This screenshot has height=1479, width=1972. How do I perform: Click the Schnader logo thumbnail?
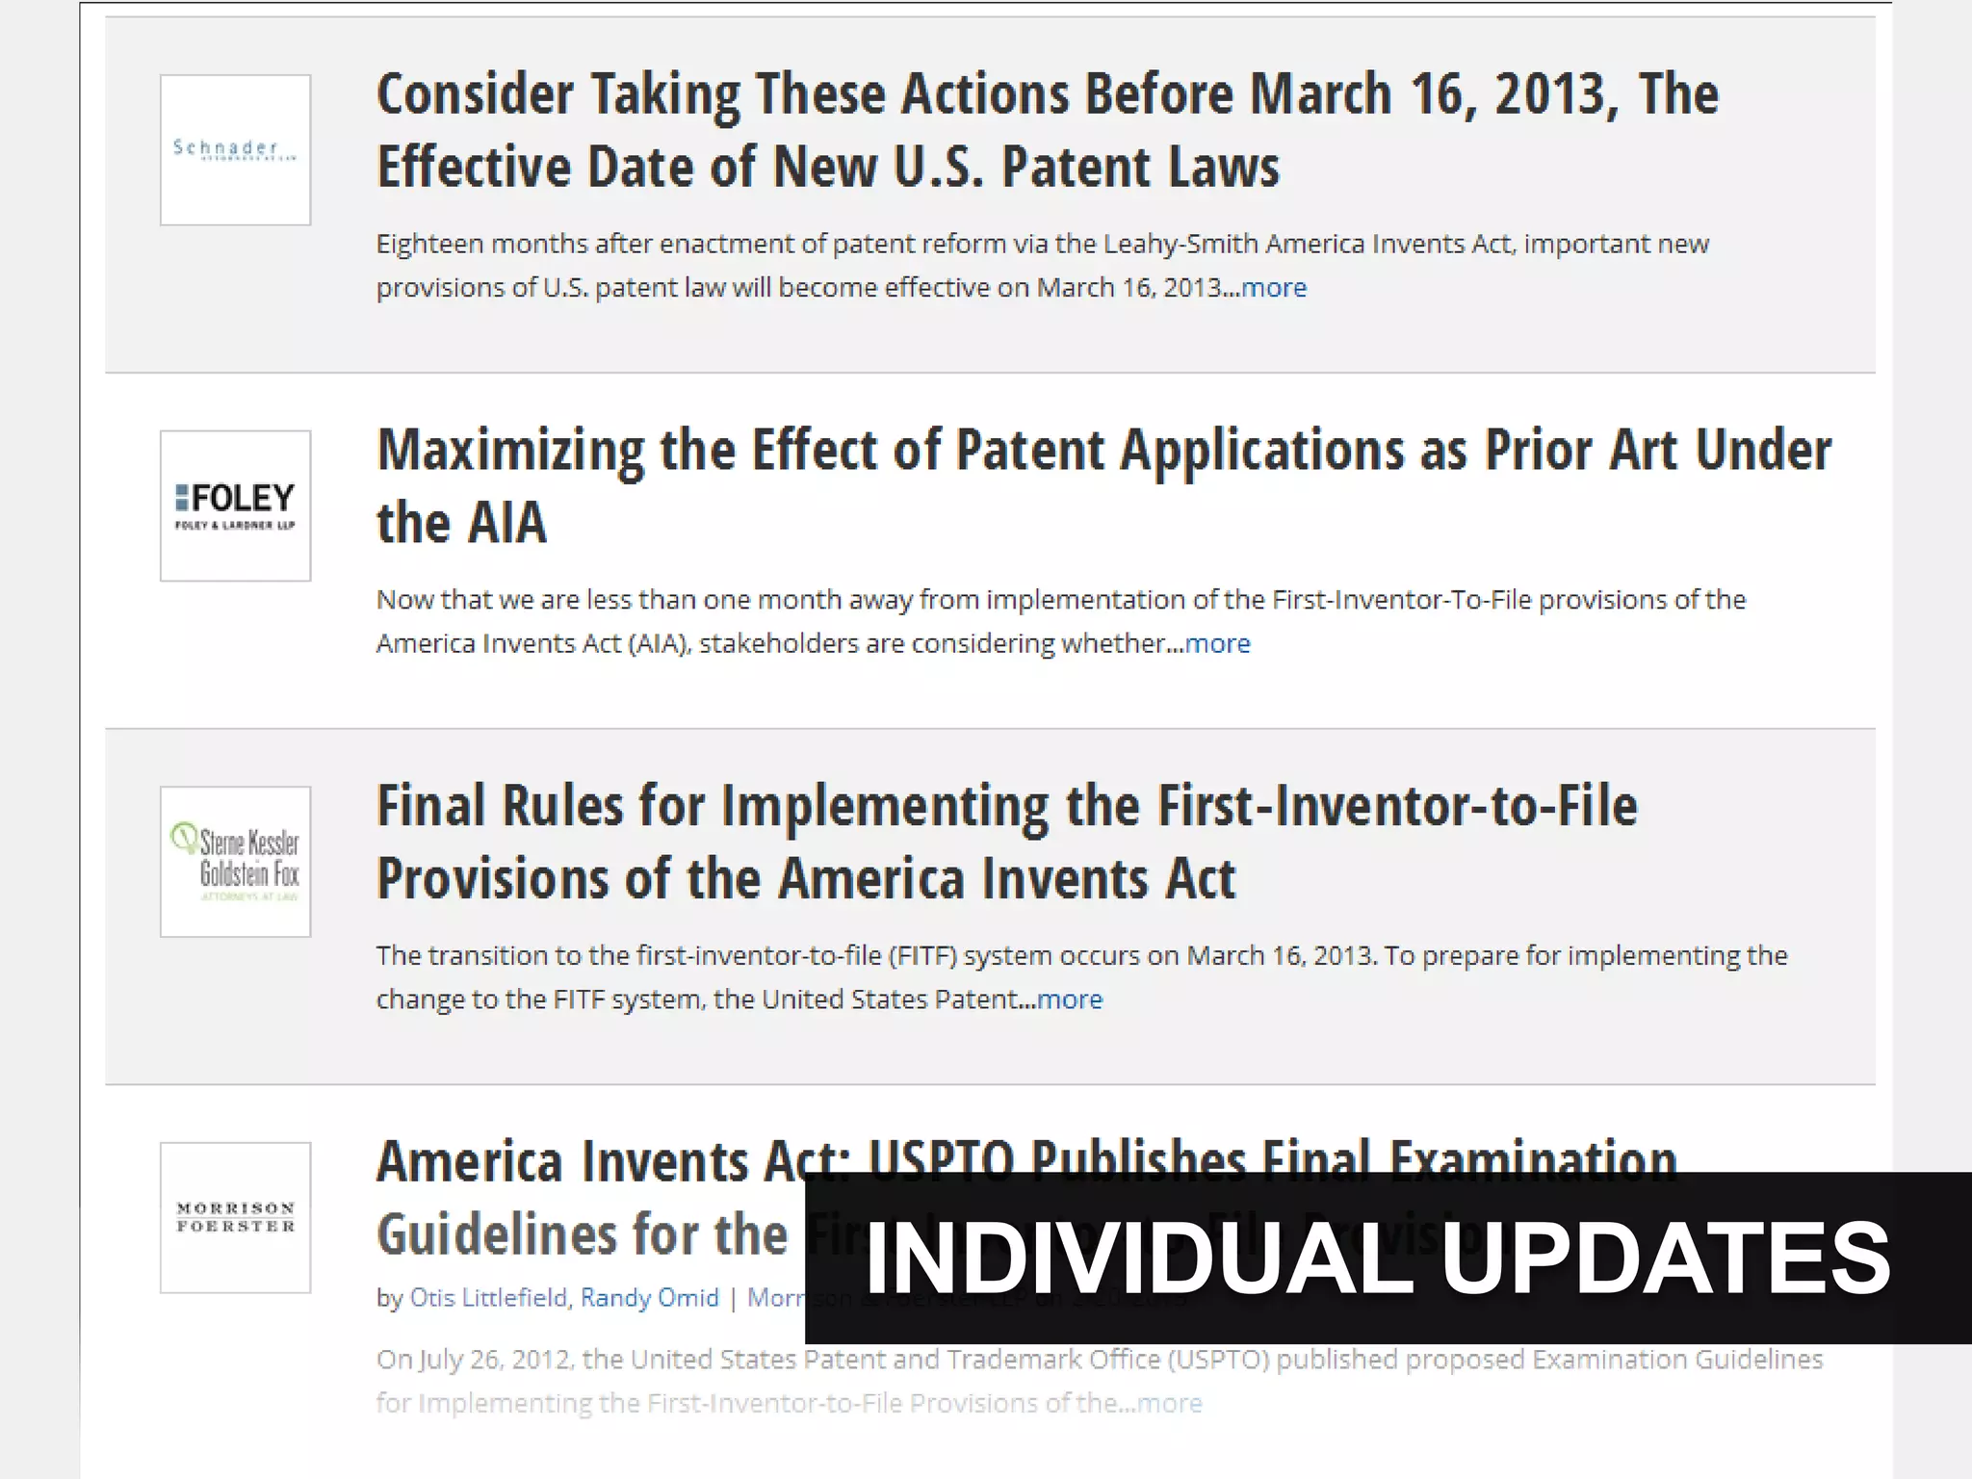click(235, 150)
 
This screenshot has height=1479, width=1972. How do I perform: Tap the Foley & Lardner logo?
click(235, 506)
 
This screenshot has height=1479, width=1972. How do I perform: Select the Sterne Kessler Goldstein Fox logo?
click(235, 862)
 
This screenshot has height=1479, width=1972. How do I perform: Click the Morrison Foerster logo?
click(235, 1217)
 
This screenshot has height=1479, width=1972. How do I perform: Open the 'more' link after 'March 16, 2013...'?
click(1274, 288)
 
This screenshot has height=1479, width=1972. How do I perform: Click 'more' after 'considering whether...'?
click(1218, 643)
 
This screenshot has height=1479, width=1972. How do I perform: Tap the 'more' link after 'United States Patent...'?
click(1070, 999)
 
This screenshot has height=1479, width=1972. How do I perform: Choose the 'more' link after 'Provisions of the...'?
click(1170, 1403)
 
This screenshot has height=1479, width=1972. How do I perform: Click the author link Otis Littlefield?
click(488, 1298)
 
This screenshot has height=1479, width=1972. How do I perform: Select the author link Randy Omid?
click(649, 1298)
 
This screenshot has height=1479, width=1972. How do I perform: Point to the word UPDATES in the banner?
click(1665, 1258)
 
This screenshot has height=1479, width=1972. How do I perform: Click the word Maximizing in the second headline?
click(510, 451)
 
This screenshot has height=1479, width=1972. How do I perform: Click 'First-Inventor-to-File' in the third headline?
click(1396, 806)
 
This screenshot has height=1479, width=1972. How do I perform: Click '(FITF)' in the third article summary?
click(921, 956)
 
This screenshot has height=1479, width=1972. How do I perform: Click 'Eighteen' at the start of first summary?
click(429, 245)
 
